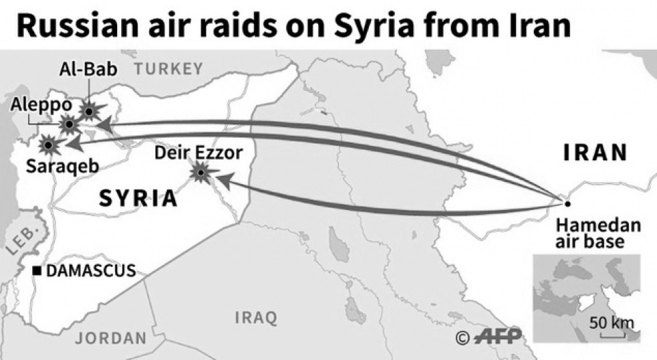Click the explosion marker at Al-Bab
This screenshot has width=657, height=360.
pyautogui.click(x=89, y=110)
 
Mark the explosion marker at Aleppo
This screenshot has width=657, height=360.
pyautogui.click(x=68, y=125)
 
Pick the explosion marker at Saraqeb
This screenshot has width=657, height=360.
pyautogui.click(x=47, y=144)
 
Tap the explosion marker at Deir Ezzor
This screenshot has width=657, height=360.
pyautogui.click(x=201, y=173)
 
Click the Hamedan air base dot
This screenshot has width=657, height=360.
pyautogui.click(x=567, y=203)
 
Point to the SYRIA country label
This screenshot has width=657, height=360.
pyautogui.click(x=138, y=198)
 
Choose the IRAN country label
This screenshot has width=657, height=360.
pyautogui.click(x=595, y=153)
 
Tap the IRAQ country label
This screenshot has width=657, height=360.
pyautogui.click(x=256, y=318)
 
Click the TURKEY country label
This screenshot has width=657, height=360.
pyautogui.click(x=168, y=68)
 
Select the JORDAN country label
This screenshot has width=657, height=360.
pyautogui.click(x=111, y=338)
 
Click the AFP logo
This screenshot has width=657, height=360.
pyautogui.click(x=497, y=336)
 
